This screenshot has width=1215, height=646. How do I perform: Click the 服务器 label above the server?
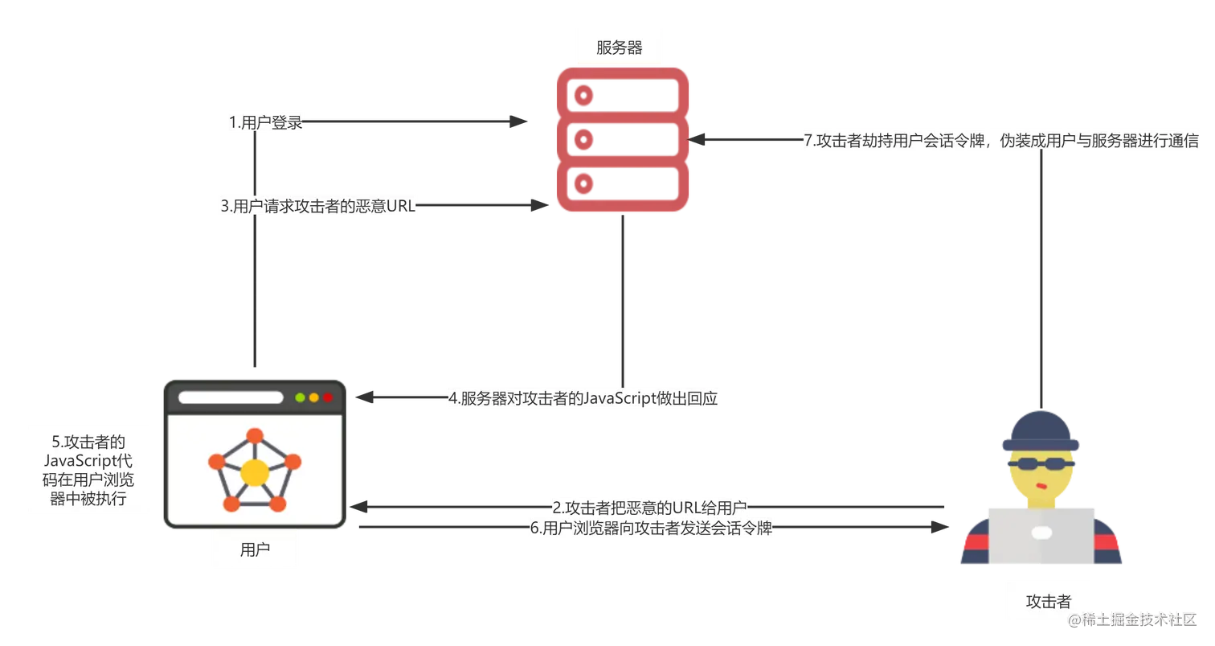[619, 47]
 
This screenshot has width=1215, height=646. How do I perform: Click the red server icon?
[624, 140]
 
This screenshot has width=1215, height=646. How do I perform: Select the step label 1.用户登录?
[266, 122]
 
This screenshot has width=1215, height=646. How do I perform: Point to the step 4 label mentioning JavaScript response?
[583, 398]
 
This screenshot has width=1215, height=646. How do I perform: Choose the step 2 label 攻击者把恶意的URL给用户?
[649, 508]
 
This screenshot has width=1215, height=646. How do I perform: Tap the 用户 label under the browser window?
[255, 550]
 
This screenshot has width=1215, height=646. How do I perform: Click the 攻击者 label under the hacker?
[1049, 601]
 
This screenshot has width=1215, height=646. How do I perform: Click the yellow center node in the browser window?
[254, 472]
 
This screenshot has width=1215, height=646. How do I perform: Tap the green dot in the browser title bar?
[301, 397]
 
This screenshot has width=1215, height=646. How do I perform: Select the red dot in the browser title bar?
[327, 397]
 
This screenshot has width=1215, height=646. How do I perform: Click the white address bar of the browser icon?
[231, 397]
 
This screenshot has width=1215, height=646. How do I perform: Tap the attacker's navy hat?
[1041, 430]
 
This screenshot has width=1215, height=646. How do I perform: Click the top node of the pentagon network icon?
[254, 436]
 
